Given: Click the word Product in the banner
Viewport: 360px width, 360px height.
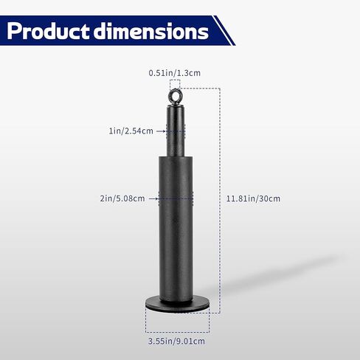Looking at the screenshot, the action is coord(48,31).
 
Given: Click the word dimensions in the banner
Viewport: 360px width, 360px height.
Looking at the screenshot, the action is coord(151,31).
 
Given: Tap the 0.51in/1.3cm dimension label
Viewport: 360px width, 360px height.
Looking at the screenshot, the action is coord(175,73).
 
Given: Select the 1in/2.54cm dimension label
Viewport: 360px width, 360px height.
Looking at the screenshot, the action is coord(131,131).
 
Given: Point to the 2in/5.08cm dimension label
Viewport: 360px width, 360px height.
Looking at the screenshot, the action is coord(122,198).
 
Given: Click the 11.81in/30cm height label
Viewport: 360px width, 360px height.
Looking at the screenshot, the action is coord(253,198).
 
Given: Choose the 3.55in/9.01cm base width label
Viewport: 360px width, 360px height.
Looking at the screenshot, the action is coord(176,341).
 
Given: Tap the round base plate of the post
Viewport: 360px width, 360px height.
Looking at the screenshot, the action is coord(177,305).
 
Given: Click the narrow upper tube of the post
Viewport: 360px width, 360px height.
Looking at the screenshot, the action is coord(176,131).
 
